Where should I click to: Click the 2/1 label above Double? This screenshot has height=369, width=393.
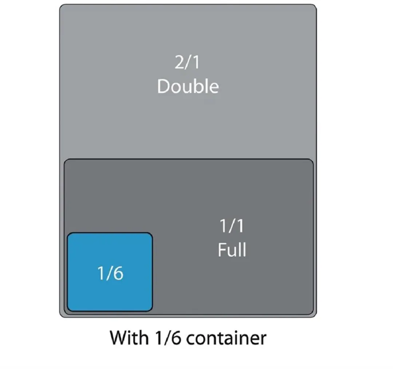tap(187, 62)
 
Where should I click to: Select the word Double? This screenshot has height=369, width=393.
tap(188, 86)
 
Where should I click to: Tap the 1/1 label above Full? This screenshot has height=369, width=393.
tap(231, 226)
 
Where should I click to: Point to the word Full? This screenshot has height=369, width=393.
tap(232, 249)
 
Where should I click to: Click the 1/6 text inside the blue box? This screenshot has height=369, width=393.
tap(110, 273)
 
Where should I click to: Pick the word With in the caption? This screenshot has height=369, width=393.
tap(129, 338)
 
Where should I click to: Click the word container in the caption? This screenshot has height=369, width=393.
tap(226, 338)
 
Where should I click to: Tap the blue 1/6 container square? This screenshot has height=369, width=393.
tap(110, 272)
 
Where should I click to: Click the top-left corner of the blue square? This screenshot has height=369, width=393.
tap(68, 233)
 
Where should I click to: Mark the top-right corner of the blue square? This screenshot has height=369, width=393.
tap(152, 233)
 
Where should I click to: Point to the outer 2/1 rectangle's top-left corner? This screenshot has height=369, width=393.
tap(60, 5)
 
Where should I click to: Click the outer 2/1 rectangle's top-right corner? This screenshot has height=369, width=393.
tap(316, 5)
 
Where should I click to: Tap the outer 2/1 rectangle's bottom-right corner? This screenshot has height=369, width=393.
tap(316, 317)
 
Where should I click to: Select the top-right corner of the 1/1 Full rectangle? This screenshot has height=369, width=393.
tap(313, 160)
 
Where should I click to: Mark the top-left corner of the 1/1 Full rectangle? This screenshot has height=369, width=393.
tap(65, 160)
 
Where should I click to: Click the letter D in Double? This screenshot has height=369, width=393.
tap(165, 86)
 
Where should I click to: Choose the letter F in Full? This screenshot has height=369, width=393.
tap(223, 249)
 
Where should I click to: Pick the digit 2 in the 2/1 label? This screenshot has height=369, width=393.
tap(179, 62)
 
